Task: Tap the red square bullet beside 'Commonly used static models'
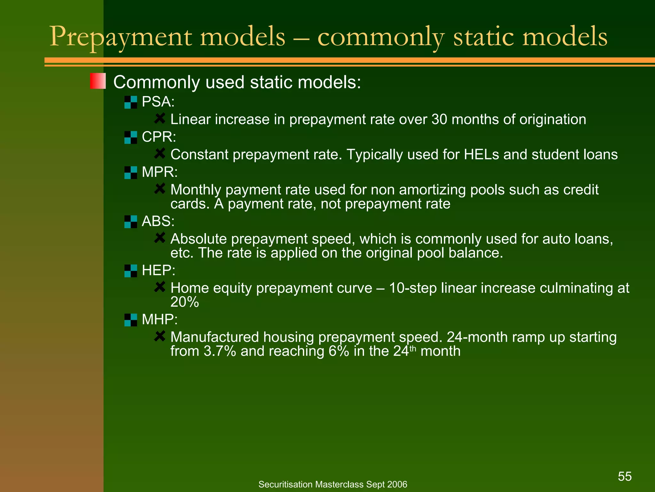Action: pos(98,81)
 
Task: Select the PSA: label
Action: pos(158,102)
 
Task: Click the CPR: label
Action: pos(159,137)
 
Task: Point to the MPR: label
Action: pos(159,172)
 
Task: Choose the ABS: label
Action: pos(158,221)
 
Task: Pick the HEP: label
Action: pos(158,270)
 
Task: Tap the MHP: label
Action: pos(159,319)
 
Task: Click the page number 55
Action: pos(625,476)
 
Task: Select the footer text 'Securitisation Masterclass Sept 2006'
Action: pos(333,484)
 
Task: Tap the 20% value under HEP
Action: pos(185,302)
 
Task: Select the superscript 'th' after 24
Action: pos(413,348)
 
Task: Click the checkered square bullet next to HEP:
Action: pos(130,271)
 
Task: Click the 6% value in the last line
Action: pos(339,351)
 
